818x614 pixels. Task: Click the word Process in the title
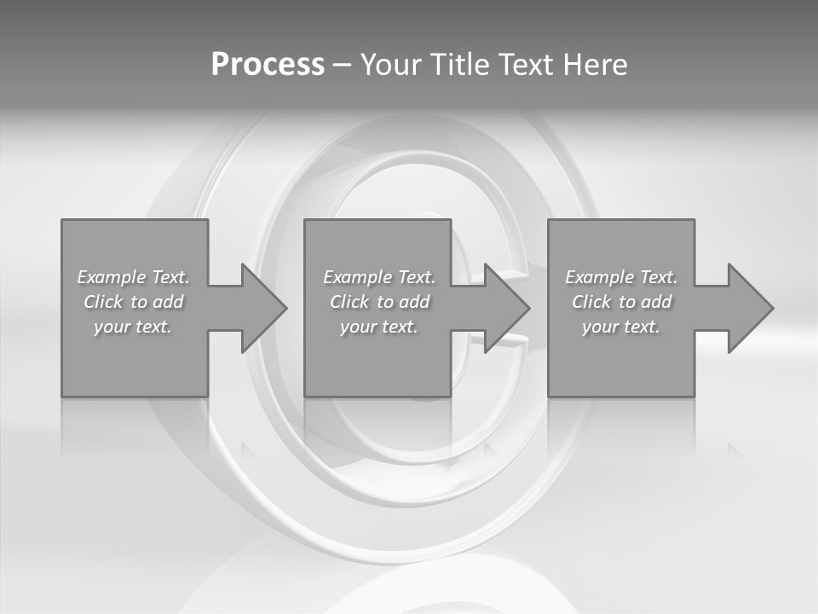click(x=268, y=65)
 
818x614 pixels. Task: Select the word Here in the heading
click(x=595, y=65)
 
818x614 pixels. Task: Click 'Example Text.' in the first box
click(x=133, y=277)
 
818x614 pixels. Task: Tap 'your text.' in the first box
click(x=133, y=327)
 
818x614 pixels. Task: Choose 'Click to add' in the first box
click(x=133, y=302)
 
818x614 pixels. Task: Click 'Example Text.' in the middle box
click(x=379, y=277)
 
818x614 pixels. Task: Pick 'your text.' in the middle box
click(x=379, y=327)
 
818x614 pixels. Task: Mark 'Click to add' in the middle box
click(x=379, y=302)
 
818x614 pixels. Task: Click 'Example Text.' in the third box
click(x=621, y=277)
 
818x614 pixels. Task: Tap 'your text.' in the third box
click(x=621, y=327)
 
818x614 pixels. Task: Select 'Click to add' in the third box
click(x=621, y=302)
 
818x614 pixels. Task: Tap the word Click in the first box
click(x=103, y=302)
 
